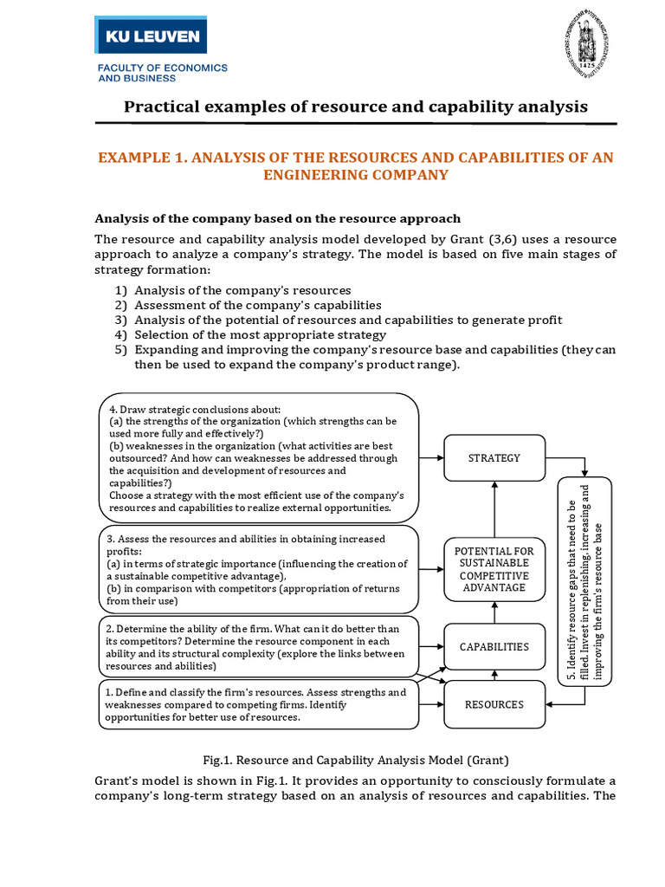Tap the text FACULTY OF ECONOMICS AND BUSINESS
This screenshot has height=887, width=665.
[162, 72]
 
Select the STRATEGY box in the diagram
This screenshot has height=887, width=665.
[494, 457]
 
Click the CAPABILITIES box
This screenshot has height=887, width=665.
[494, 647]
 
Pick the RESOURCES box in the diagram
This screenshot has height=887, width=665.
[494, 704]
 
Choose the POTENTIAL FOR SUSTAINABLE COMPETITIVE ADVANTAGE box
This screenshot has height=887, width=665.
[494, 569]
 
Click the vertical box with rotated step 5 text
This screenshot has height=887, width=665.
[585, 579]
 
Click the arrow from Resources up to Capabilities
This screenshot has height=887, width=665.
[494, 676]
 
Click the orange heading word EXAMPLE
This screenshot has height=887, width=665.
[139, 157]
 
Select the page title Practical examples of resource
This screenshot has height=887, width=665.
[356, 107]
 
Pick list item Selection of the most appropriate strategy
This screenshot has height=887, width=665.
[261, 334]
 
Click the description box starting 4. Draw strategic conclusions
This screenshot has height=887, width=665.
[259, 457]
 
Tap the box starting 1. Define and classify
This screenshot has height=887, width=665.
[259, 704]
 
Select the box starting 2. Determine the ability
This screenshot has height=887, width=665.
[259, 647]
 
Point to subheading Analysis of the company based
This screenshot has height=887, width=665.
[277, 218]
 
